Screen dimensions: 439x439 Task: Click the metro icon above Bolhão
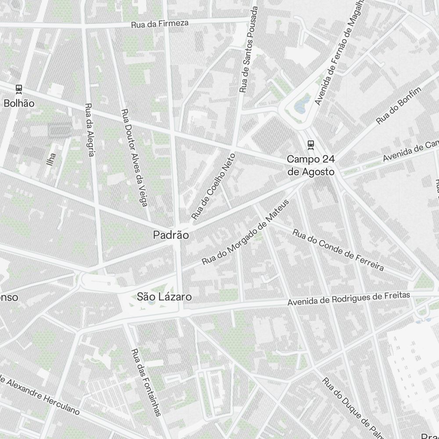(19, 89)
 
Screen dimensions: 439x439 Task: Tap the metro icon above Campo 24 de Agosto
(311, 144)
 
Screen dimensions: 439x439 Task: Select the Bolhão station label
(18, 103)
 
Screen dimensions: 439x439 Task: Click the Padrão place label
(171, 235)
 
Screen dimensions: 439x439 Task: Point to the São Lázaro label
(164, 297)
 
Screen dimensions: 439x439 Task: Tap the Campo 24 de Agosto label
(311, 165)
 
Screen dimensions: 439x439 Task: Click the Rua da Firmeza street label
(160, 23)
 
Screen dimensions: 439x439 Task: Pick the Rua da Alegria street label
(90, 130)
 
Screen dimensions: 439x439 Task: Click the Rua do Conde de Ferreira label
(338, 250)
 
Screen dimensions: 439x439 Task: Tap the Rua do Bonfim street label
(399, 105)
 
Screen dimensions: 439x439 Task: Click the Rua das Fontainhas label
(147, 381)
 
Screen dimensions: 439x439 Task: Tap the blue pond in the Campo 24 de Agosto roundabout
(301, 106)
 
